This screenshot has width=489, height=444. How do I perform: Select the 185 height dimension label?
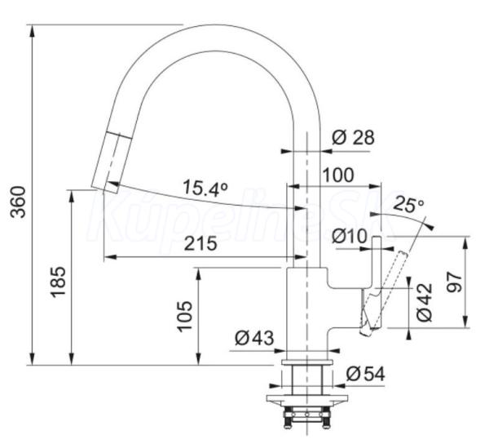(x=58, y=282)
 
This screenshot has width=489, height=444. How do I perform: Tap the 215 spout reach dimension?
(x=200, y=243)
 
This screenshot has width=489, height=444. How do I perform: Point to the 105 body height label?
(x=184, y=316)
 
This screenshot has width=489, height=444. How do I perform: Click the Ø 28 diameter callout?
(x=353, y=137)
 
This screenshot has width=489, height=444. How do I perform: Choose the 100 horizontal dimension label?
(x=338, y=175)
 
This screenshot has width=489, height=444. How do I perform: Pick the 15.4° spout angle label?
(x=205, y=188)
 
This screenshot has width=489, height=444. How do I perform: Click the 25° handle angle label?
(x=408, y=204)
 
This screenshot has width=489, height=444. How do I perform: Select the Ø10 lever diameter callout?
(x=350, y=236)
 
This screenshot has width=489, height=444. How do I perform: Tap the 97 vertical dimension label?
(x=454, y=282)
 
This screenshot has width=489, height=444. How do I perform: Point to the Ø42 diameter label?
(x=425, y=302)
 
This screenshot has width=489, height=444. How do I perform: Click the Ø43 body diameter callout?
(x=254, y=338)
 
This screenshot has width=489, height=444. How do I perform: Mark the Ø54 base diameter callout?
(x=365, y=374)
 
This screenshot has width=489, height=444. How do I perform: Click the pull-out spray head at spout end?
(x=111, y=162)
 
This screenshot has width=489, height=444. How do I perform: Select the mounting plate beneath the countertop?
(x=307, y=400)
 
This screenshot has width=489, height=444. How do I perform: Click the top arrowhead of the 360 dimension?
(x=32, y=30)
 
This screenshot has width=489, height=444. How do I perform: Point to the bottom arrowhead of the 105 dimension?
(x=198, y=359)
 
